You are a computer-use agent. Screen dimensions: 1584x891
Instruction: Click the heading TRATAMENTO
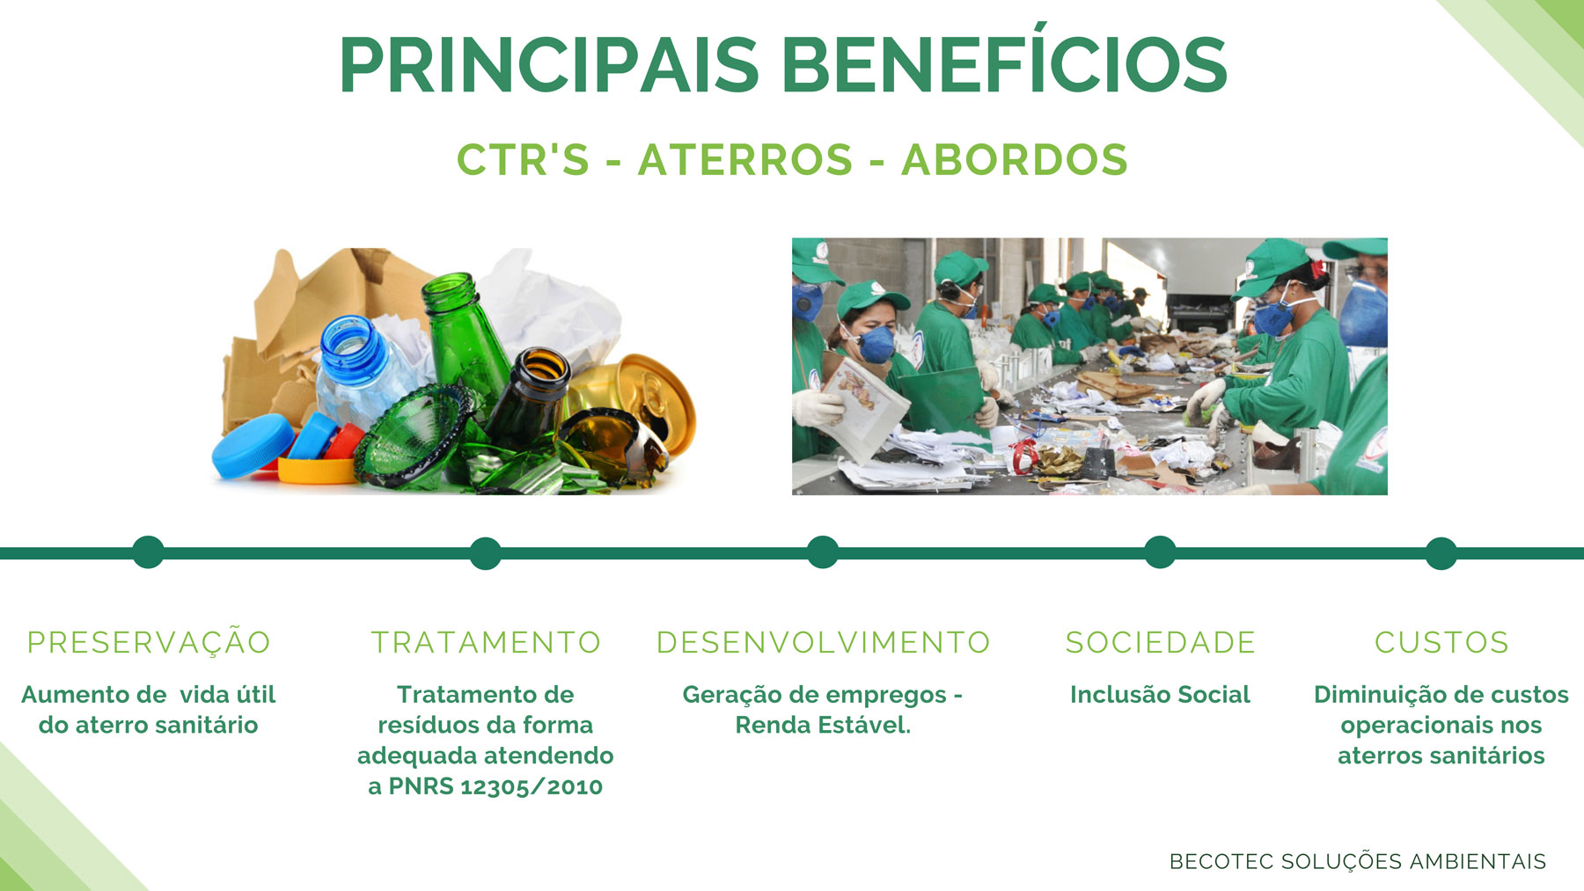pyautogui.click(x=486, y=642)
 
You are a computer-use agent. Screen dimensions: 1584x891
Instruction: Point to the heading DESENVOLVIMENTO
pyautogui.click(x=824, y=642)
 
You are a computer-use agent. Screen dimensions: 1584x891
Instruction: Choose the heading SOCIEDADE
pyautogui.click(x=1161, y=642)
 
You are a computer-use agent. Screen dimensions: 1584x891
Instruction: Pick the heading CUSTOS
pyautogui.click(x=1441, y=642)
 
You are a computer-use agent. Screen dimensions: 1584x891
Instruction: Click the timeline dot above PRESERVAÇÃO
pyautogui.click(x=148, y=552)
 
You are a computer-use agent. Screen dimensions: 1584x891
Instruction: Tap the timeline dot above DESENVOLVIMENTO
pyautogui.click(x=823, y=552)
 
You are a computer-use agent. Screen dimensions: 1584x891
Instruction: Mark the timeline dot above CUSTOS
pyautogui.click(x=1441, y=553)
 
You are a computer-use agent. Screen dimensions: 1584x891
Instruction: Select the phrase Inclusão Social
pyautogui.click(x=1160, y=694)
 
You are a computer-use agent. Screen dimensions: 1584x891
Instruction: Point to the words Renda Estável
pyautogui.click(x=823, y=725)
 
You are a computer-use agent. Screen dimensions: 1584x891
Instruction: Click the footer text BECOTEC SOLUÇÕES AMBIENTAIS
pyautogui.click(x=1358, y=861)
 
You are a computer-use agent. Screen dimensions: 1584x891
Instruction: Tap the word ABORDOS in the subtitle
pyautogui.click(x=1015, y=160)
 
